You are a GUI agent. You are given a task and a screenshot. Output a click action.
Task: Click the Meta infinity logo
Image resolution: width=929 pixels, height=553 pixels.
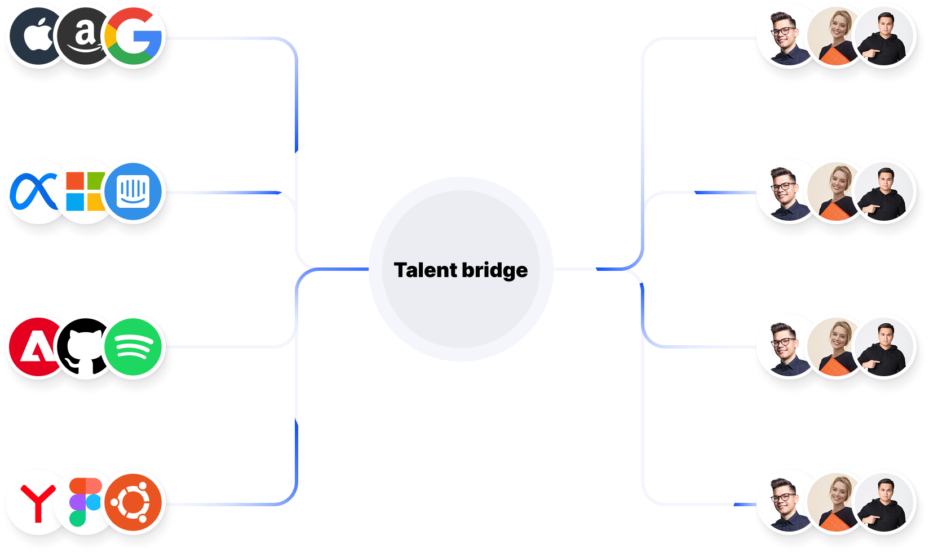coord(34,191)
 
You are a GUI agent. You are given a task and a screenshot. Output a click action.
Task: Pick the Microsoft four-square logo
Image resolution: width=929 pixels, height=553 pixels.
coord(85,191)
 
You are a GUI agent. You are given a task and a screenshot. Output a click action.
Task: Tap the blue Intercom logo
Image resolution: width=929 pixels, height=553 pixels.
coord(134,191)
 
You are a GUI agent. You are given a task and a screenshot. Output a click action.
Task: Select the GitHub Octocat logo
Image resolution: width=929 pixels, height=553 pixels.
coord(85,348)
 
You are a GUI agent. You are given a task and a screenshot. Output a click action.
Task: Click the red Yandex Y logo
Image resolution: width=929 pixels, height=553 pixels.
coord(37,502)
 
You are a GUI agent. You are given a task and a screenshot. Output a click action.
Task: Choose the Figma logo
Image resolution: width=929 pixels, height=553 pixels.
coord(85,502)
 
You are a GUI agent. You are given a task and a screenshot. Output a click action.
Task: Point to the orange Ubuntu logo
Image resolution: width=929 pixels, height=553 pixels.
coord(134,502)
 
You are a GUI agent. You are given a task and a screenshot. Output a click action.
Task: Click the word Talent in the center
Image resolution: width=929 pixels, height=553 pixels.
coord(426,270)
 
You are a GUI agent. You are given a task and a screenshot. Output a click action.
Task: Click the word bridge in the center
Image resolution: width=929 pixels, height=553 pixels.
coord(495,270)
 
